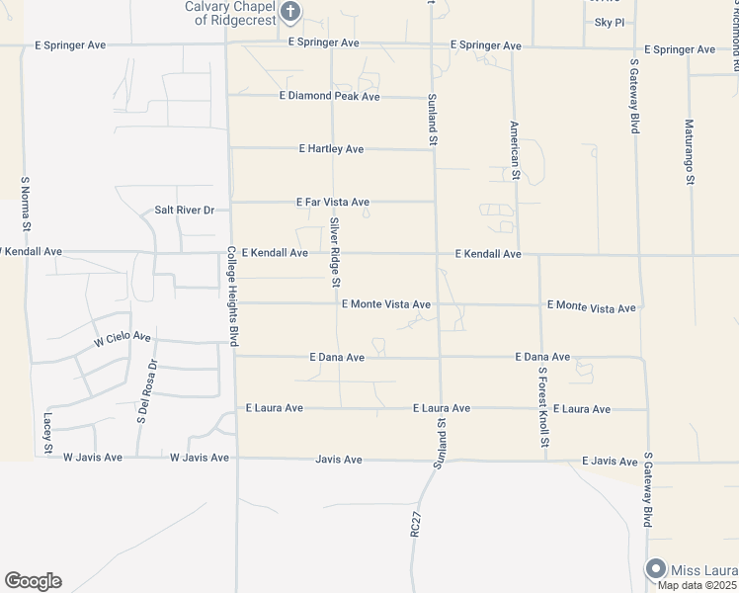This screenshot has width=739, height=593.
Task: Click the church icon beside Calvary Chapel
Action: click(x=290, y=12)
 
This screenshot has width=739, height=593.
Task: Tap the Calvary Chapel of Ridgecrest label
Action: click(x=232, y=13)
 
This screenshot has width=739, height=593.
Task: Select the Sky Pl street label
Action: click(x=610, y=22)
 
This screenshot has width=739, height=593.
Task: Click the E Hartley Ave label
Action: click(x=331, y=149)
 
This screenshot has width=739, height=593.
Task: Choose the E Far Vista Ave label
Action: click(x=332, y=202)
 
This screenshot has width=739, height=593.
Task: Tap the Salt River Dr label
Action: click(x=185, y=211)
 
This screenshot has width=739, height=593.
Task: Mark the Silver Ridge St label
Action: click(x=335, y=252)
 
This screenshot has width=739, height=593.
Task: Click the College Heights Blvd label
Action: click(x=232, y=296)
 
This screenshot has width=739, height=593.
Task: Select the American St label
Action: click(x=515, y=150)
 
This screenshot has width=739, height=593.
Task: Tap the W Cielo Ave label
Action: click(x=123, y=340)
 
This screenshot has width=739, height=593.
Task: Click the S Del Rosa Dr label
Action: click(x=147, y=391)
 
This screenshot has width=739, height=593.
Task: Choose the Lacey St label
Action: click(x=46, y=434)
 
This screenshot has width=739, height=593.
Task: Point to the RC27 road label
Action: click(x=416, y=522)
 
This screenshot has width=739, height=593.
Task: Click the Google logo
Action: click(x=33, y=581)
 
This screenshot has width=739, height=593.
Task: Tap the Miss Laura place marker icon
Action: click(x=655, y=568)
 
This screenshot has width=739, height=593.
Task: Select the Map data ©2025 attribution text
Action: click(x=698, y=585)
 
